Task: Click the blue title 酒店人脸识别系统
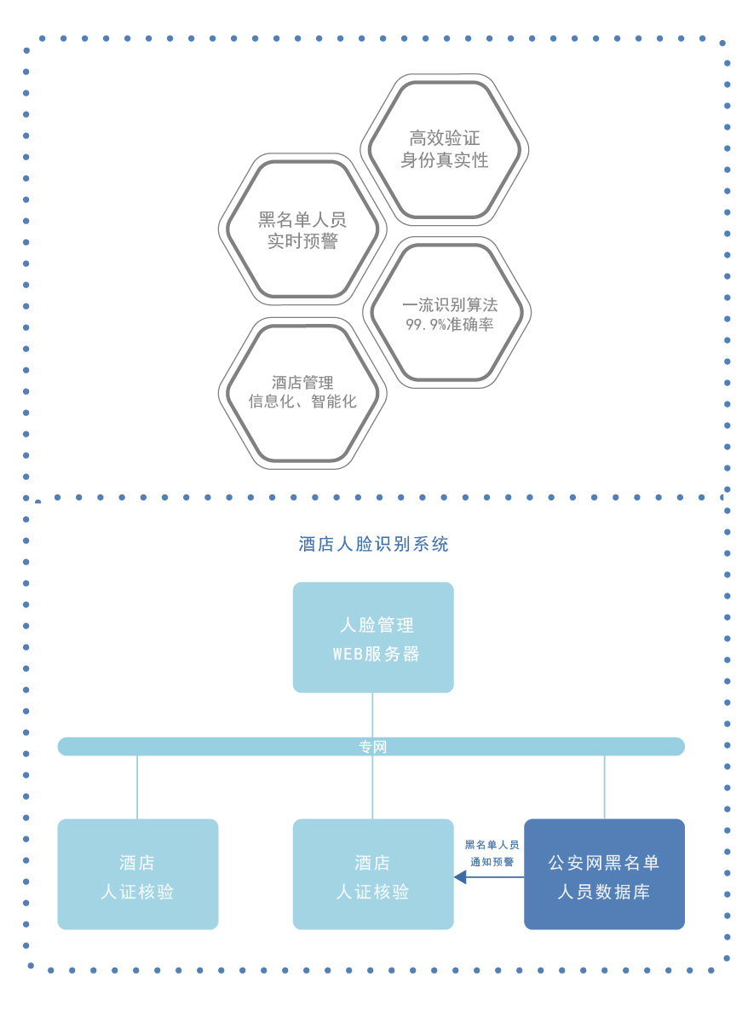(x=373, y=544)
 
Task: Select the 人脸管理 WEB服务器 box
(x=373, y=637)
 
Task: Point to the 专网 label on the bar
(x=372, y=746)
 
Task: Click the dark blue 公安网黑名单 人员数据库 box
(x=604, y=874)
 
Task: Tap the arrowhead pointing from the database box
(x=460, y=876)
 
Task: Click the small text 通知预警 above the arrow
(x=492, y=862)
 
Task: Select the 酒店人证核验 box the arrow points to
(x=373, y=874)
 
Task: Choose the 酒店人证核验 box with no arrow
(x=138, y=874)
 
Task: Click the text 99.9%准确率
(x=449, y=324)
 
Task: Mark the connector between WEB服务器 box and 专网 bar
(x=372, y=714)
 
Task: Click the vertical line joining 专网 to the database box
(x=604, y=787)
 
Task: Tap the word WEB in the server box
(x=348, y=654)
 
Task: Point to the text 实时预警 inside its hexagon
(x=302, y=240)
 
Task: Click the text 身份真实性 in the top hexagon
(x=444, y=160)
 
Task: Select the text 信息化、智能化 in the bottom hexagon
(x=302, y=401)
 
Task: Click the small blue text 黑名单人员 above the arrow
(x=492, y=845)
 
